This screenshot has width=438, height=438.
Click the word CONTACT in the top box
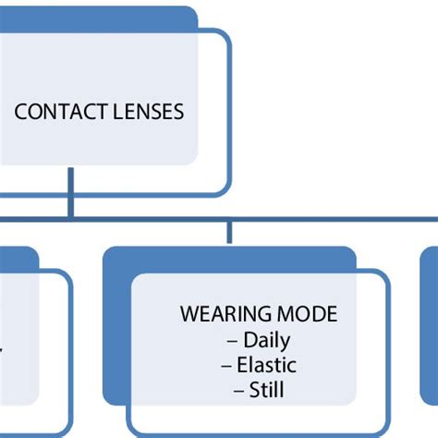[61, 112]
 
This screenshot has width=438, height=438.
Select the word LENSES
[148, 112]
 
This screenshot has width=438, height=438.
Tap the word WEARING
[226, 314]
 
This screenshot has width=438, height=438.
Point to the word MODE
[307, 314]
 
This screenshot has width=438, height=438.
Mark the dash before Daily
[232, 341]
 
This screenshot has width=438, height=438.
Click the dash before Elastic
[226, 366]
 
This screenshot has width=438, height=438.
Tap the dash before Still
[239, 391]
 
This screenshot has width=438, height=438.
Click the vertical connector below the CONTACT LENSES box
[70, 193]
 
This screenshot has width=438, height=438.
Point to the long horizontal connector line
[219, 219]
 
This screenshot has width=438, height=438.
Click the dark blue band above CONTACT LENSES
[99, 19]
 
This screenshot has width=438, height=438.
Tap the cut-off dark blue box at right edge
[429, 325]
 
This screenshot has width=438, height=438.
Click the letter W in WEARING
[189, 314]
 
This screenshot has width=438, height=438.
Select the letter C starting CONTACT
[20, 112]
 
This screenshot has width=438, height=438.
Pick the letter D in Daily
[250, 339]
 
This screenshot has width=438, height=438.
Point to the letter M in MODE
[285, 314]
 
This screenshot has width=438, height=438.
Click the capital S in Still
[254, 390]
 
